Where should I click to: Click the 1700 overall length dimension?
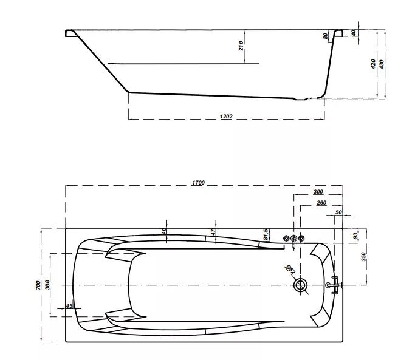[x=198, y=183]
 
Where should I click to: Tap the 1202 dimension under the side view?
[x=226, y=117]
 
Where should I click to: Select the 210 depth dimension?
[x=241, y=46]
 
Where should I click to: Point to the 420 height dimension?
[x=373, y=64]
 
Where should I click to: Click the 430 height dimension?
[x=382, y=64]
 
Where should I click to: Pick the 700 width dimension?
[x=39, y=285]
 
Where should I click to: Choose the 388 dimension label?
[x=47, y=285]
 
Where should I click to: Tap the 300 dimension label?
[x=318, y=192]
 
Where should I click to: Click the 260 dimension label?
[x=321, y=203]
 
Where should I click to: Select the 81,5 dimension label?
[x=267, y=234]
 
